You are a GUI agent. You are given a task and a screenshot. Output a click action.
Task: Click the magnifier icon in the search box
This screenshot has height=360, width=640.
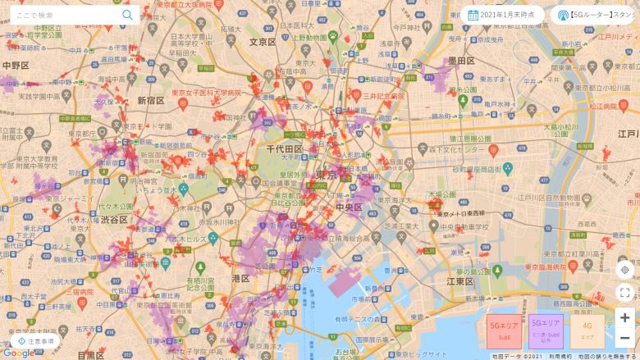click(x=127, y=15)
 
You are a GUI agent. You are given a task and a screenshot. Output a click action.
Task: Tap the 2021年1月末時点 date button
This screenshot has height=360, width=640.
click(x=502, y=15)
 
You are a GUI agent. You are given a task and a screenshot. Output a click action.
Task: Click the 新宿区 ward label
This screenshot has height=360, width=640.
click(x=151, y=101)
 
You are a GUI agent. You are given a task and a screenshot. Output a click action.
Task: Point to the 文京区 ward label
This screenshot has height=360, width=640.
click(x=263, y=42)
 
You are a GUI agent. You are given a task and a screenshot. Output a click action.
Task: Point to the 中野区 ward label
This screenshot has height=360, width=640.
click(x=16, y=65)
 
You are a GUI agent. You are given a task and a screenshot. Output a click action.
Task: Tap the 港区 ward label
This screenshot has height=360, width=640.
click(x=240, y=279)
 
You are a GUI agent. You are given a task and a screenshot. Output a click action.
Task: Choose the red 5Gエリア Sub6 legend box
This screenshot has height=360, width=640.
click(x=504, y=330)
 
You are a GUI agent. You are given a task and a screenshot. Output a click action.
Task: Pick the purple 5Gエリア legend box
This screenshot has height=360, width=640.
click(x=546, y=330)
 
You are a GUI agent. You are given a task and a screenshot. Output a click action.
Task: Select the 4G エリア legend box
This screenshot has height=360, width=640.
click(x=587, y=330)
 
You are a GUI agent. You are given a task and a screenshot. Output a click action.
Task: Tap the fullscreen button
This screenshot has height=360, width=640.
click(x=625, y=293)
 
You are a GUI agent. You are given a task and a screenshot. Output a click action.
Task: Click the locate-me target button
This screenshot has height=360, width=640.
click(x=625, y=270)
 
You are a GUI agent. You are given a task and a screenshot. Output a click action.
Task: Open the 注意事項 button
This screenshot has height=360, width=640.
click(x=35, y=341)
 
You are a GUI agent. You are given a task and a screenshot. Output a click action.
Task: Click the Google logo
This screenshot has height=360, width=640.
click(x=18, y=353)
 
